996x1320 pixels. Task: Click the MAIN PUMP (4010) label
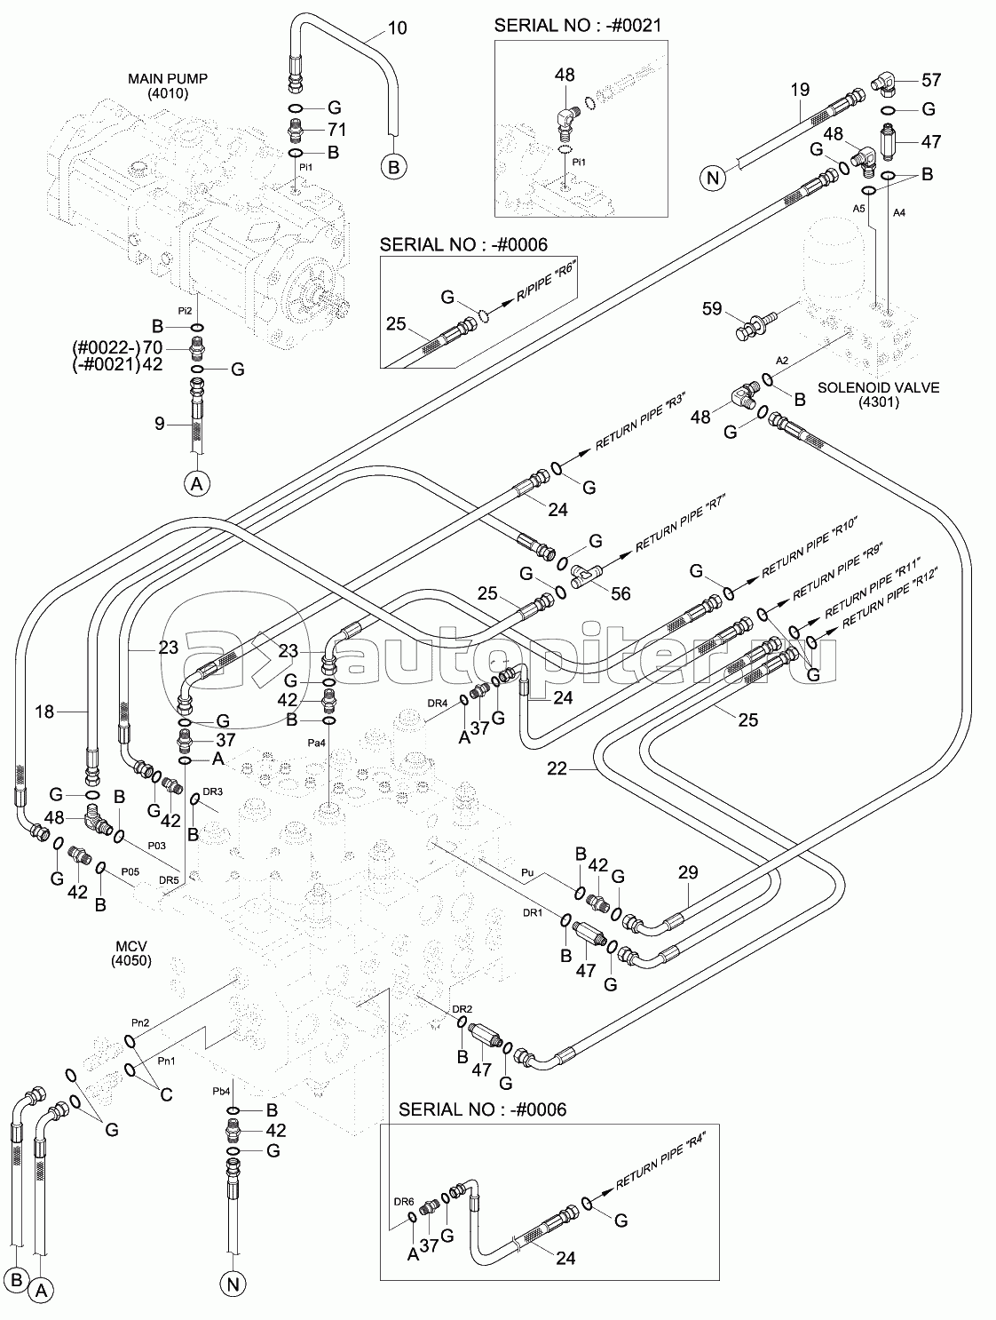(x=168, y=85)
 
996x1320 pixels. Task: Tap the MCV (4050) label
(x=131, y=953)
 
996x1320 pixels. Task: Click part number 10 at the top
(x=398, y=28)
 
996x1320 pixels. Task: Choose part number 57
(x=931, y=81)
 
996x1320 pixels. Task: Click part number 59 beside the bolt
(x=712, y=310)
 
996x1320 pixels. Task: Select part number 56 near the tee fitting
(x=621, y=593)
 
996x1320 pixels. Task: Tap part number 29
(x=688, y=873)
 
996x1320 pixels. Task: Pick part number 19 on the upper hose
(x=799, y=89)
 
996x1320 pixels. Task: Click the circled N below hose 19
(x=712, y=179)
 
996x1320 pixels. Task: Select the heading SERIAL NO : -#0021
(x=577, y=26)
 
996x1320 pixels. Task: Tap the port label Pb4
(x=220, y=1090)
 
